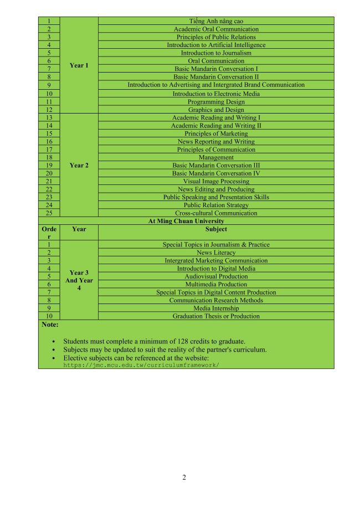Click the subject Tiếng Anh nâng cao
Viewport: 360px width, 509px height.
tap(216, 21)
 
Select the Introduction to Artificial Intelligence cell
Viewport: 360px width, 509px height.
tap(216, 45)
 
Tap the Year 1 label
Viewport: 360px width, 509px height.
tap(79, 65)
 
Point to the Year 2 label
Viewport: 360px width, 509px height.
tap(79, 165)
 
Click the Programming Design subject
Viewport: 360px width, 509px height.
tap(216, 102)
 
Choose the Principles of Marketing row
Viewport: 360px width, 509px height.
tap(216, 133)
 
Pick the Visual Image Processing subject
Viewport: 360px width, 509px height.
tap(216, 181)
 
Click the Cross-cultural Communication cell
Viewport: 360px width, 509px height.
tap(216, 213)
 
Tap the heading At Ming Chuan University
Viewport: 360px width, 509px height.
tap(186, 221)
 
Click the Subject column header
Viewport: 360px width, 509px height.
tap(216, 229)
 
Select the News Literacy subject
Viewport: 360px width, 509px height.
tap(216, 253)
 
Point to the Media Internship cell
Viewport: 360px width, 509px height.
tap(216, 309)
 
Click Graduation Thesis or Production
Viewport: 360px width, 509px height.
tap(216, 316)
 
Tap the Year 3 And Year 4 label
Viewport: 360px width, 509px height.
tap(79, 280)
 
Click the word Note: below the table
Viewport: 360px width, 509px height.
tap(50, 325)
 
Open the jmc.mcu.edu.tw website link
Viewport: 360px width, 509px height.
tap(141, 366)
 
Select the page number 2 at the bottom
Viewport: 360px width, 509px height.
tap(184, 478)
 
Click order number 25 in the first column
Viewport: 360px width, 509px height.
tap(49, 213)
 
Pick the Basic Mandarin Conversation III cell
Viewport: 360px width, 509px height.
tap(216, 165)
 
